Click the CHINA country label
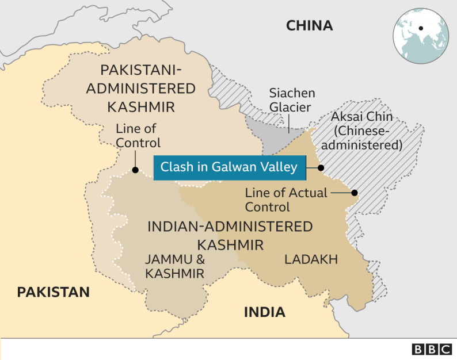309,25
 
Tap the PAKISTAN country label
53,292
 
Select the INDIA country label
264,312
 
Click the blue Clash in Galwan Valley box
228,167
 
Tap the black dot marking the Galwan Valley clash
321,168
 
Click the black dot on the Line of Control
135,170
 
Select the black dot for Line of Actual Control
355,193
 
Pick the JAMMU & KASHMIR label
174,266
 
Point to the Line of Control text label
138,135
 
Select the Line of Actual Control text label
286,200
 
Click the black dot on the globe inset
421,28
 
